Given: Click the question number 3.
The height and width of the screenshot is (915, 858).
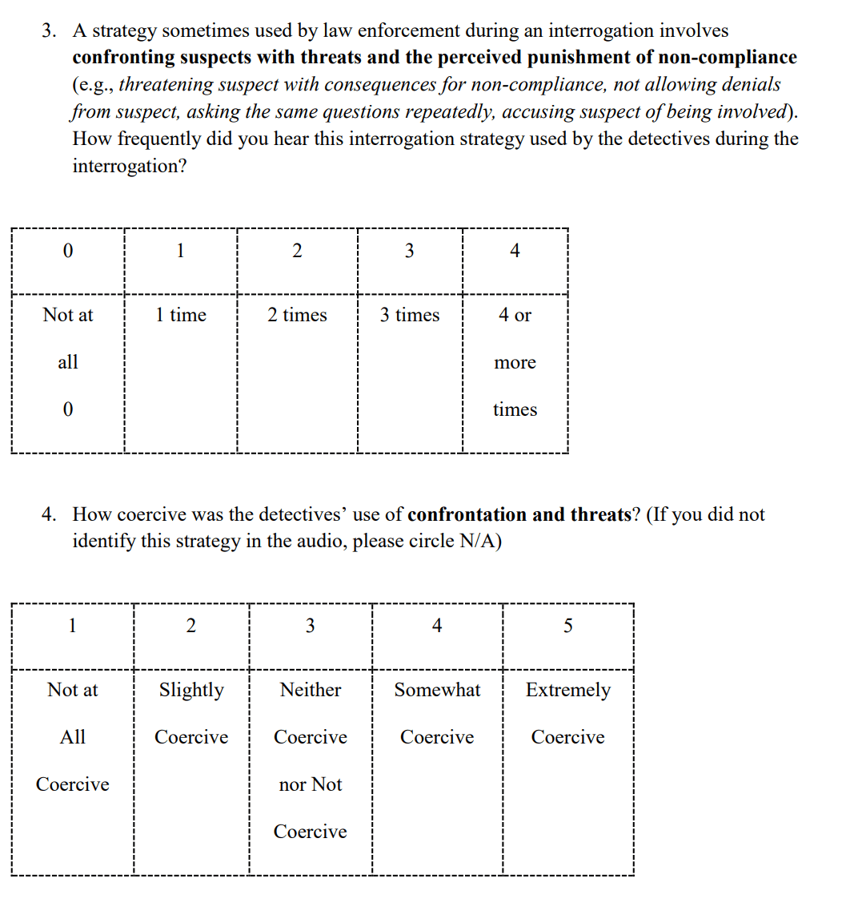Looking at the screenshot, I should coord(49,31).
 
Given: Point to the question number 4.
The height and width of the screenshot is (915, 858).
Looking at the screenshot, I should coord(49,514).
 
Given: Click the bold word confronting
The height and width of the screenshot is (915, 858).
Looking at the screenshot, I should coord(123,58).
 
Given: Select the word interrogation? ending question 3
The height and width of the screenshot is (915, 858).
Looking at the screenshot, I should coord(129,166).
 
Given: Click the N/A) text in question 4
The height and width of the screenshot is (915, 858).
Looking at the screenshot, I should coord(480,542).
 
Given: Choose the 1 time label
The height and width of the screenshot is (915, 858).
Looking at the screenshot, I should coord(181,315).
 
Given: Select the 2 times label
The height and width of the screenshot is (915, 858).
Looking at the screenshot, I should coord(297,315).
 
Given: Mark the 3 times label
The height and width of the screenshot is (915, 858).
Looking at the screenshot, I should coord(410,315).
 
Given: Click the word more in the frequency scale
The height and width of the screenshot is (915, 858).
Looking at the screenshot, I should coord(515,362).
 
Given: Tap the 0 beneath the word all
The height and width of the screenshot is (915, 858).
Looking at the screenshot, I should coord(68,409).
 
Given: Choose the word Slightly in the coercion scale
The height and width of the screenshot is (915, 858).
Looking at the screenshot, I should coord(191,690).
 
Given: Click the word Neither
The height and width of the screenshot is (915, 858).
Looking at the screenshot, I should coord(311,690).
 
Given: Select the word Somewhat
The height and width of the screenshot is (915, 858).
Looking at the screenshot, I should coord(437,690).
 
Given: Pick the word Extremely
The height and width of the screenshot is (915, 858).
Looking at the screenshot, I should coord(567,690).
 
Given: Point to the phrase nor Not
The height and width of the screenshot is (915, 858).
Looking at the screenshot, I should coord(311,784).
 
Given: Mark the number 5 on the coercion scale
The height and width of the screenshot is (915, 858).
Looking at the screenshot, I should coord(568,626).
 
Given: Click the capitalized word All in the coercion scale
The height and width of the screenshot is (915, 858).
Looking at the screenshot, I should coord(73,737).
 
